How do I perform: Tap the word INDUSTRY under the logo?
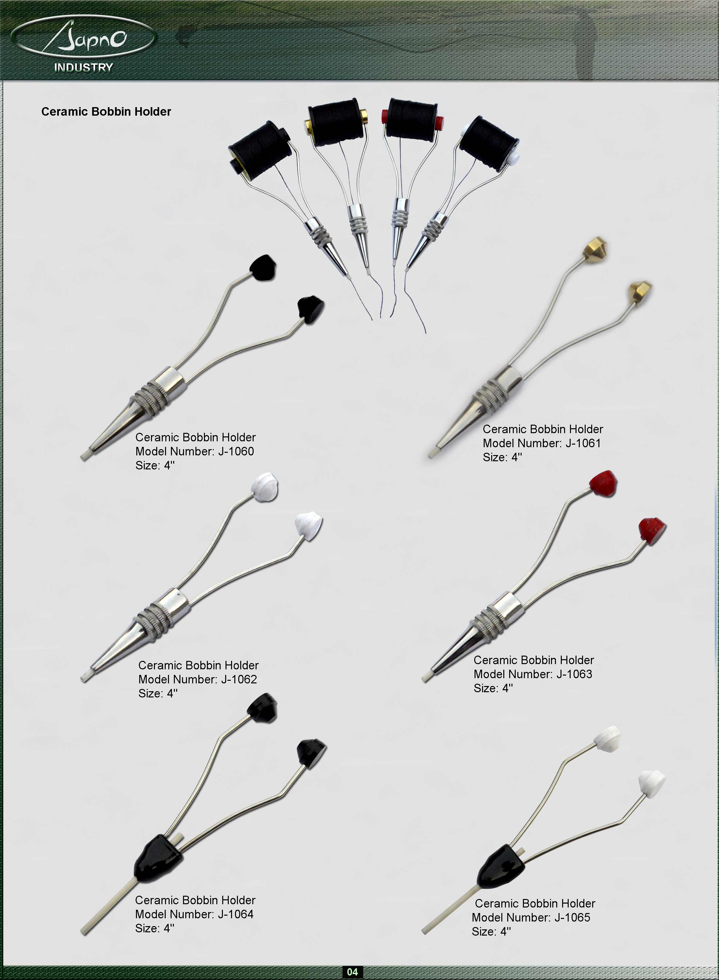click(84, 67)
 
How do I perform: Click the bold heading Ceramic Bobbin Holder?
click(106, 112)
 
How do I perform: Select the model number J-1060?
click(236, 451)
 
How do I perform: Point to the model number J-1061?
click(583, 443)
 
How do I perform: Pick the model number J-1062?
click(239, 679)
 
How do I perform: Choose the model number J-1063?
click(574, 674)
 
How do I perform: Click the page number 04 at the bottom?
click(352, 972)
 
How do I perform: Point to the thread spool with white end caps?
click(489, 143)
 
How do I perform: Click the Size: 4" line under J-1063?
click(493, 688)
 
